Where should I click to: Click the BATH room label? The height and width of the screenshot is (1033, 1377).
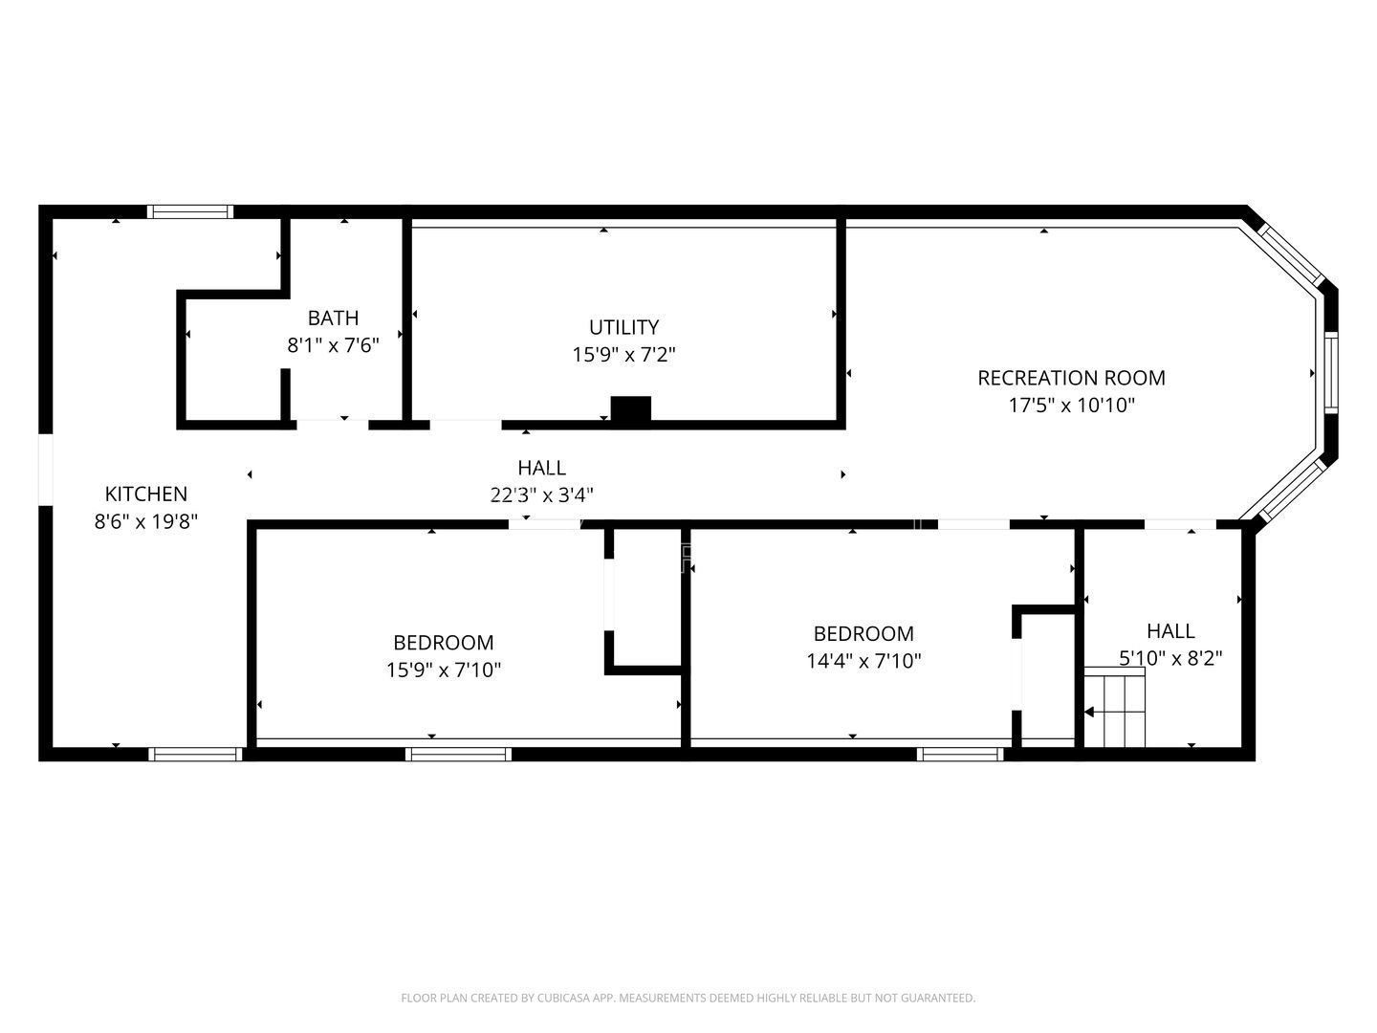333,318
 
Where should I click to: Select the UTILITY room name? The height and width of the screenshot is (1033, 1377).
623,327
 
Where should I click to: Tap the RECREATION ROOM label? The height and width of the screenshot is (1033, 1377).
1071,378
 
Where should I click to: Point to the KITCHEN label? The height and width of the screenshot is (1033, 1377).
146,494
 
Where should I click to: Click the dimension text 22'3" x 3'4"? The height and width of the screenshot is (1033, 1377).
541,495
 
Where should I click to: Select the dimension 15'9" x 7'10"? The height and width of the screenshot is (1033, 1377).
444,670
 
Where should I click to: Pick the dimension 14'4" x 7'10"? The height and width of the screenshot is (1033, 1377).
863,660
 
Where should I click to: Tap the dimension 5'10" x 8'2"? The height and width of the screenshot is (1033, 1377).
1170,658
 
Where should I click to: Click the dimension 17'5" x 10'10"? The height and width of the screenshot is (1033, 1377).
1071,405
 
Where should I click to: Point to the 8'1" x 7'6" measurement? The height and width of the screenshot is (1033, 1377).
333,345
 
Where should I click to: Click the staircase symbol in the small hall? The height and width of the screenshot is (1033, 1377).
1115,710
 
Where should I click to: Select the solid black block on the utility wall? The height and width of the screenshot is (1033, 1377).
630,409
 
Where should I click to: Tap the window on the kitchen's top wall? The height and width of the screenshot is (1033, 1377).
189,211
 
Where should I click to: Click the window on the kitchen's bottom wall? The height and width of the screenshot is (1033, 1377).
195,754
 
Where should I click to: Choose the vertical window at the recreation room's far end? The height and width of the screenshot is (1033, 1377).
1330,372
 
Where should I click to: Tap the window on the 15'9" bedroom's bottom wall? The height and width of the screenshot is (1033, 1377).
458,754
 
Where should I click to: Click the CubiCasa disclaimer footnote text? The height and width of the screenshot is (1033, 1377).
688,998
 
